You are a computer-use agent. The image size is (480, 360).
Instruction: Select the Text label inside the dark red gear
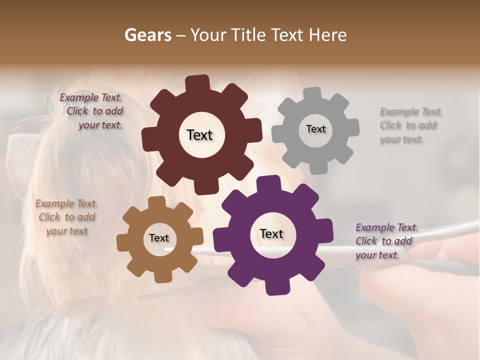199,135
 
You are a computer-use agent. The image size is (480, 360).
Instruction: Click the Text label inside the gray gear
315,129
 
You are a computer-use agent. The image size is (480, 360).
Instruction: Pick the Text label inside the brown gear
159,238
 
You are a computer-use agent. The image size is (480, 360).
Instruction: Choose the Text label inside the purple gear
271,233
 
